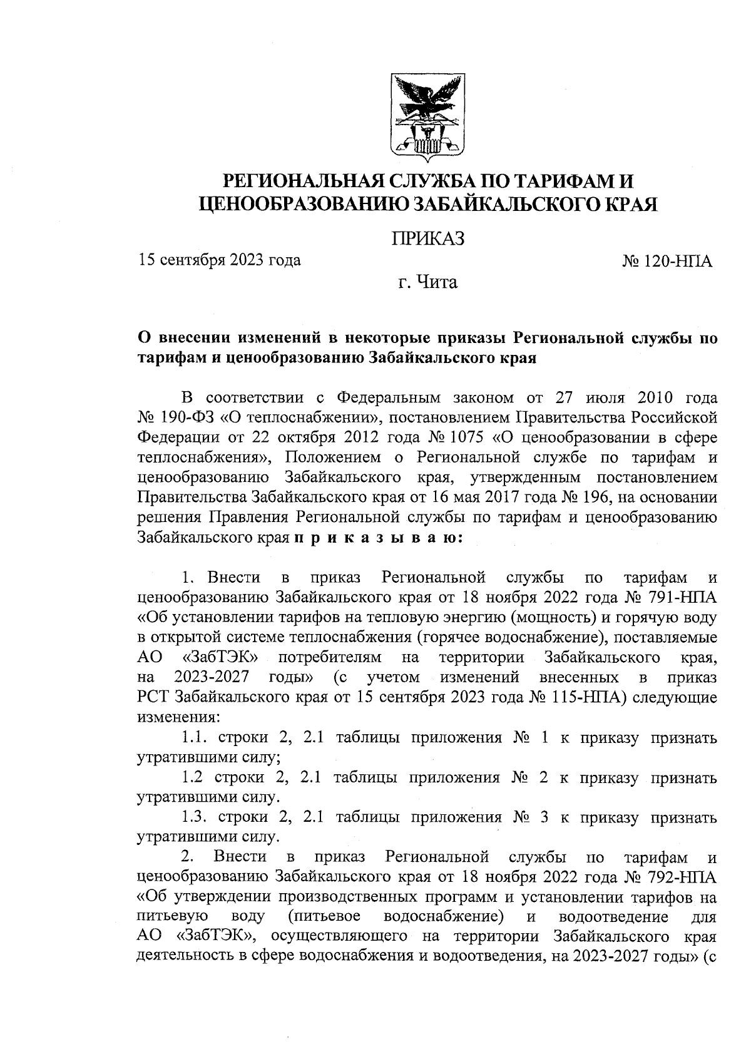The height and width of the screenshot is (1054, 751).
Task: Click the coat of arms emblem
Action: click(427, 116)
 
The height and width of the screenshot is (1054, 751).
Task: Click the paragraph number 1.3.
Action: click(196, 817)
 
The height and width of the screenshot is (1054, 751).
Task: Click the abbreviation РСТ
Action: click(155, 697)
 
